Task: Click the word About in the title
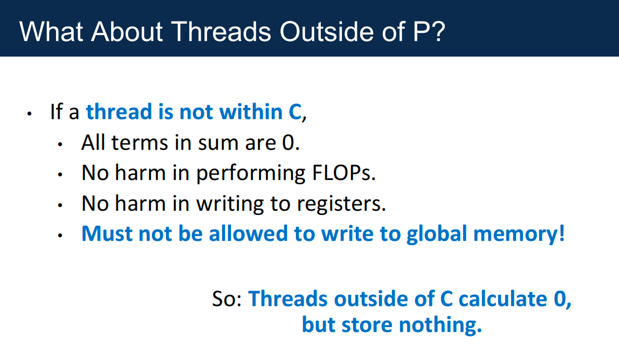point(127,31)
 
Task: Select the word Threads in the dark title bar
point(221,31)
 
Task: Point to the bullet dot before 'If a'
point(29,114)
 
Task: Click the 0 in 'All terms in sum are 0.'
point(288,142)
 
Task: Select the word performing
point(250,174)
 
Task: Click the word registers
point(341,204)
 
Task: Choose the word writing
point(230,204)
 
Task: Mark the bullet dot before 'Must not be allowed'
point(60,236)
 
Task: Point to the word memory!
point(519,234)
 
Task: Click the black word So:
point(227,299)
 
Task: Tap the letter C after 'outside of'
point(446,299)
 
